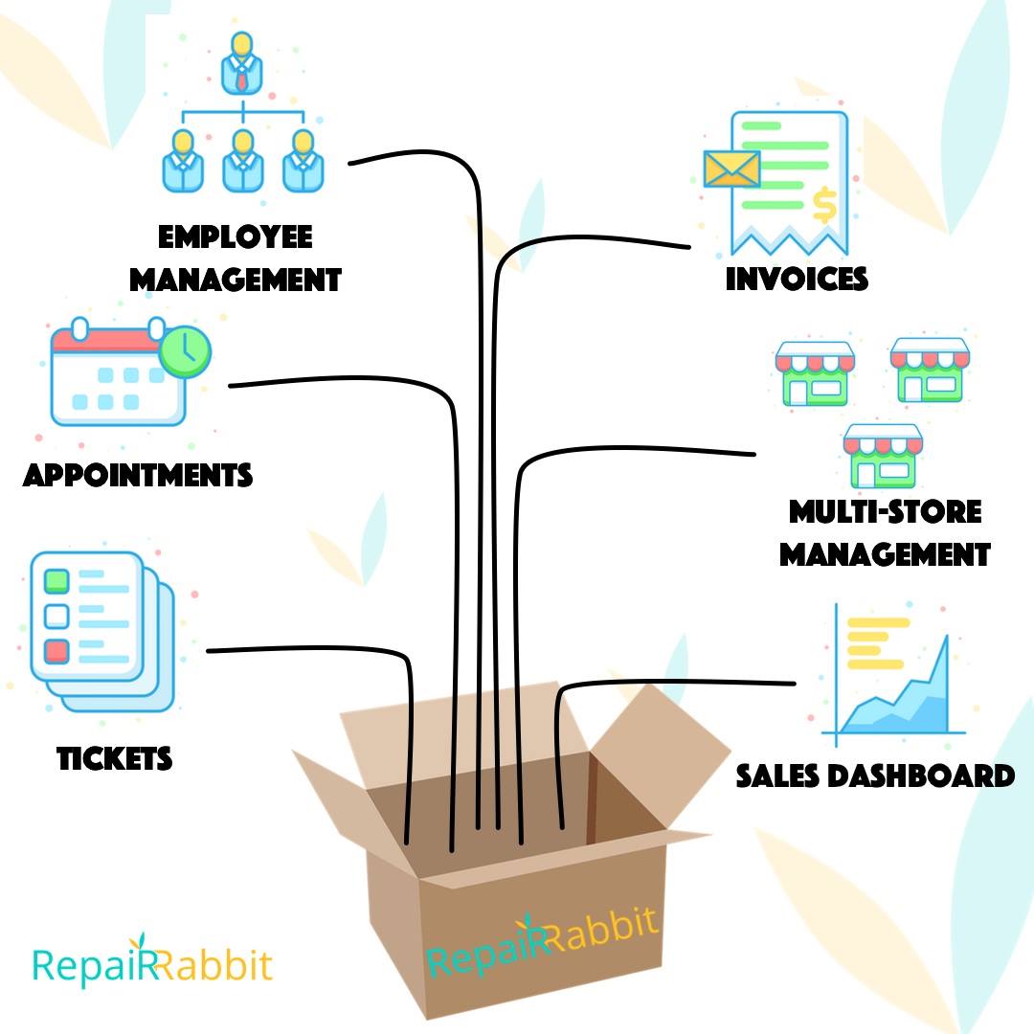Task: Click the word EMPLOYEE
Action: (x=235, y=236)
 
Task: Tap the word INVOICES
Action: (x=797, y=279)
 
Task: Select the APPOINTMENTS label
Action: (x=138, y=475)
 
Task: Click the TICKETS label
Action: (x=114, y=758)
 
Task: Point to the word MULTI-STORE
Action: (x=885, y=511)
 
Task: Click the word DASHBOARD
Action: (x=921, y=775)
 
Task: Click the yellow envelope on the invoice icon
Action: (x=732, y=169)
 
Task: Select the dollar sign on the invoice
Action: (x=824, y=205)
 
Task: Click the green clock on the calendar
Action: (x=186, y=351)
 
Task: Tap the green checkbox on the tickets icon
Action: (x=56, y=581)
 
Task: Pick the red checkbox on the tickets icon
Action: (x=56, y=652)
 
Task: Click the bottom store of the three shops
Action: (x=883, y=456)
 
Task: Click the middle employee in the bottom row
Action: (x=242, y=161)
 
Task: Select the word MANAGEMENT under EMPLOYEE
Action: (x=236, y=280)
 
